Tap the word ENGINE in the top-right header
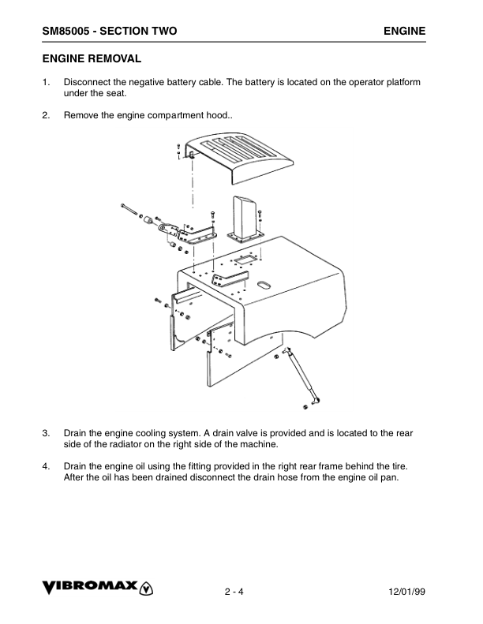click(405, 31)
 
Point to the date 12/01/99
click(407, 592)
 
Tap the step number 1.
click(45, 82)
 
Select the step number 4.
click(45, 465)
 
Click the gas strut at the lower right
click(304, 376)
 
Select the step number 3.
click(45, 433)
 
